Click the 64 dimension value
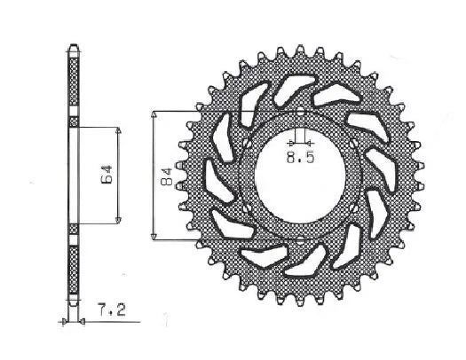(x=105, y=173)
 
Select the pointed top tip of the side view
(x=73, y=47)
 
